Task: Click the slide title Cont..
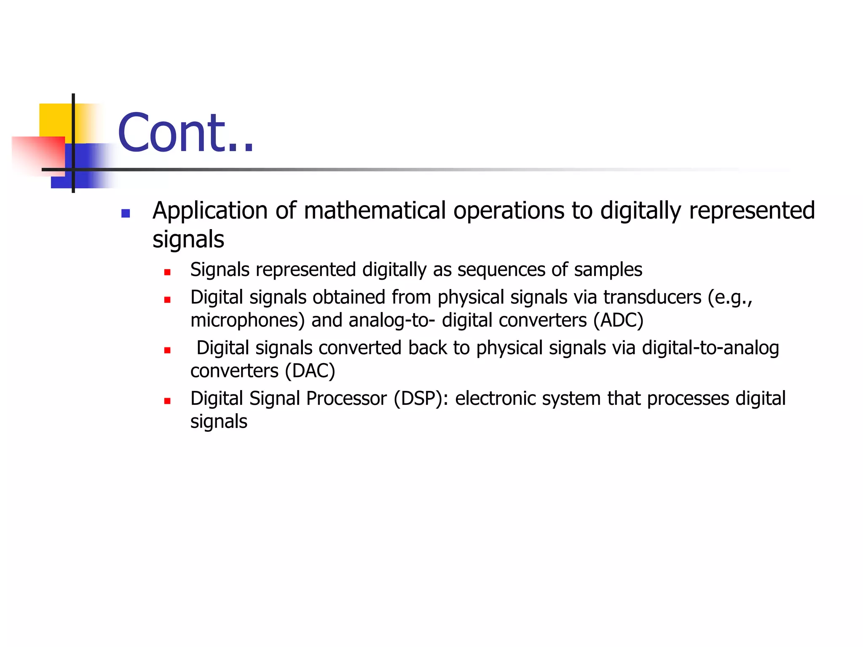coord(185,133)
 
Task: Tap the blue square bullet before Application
coord(126,214)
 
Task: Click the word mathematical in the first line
coord(375,211)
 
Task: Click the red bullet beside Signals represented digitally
coord(167,273)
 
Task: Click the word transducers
coord(652,297)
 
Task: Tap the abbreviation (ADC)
coord(618,321)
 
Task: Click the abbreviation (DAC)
coord(310,371)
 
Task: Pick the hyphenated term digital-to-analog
coord(710,348)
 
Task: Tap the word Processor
coord(346,398)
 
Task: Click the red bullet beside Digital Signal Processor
coord(167,401)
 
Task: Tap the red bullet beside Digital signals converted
coord(167,350)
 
